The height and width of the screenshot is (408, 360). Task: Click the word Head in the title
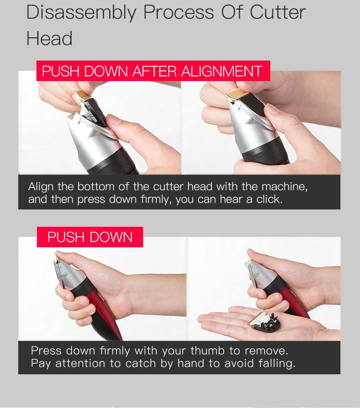click(49, 38)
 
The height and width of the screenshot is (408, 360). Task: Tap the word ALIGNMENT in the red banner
click(221, 71)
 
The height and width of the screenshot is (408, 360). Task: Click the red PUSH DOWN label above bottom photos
click(90, 237)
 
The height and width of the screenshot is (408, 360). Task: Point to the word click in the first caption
click(269, 199)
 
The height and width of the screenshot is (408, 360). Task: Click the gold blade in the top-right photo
click(237, 94)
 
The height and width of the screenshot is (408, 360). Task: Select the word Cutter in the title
click(278, 13)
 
